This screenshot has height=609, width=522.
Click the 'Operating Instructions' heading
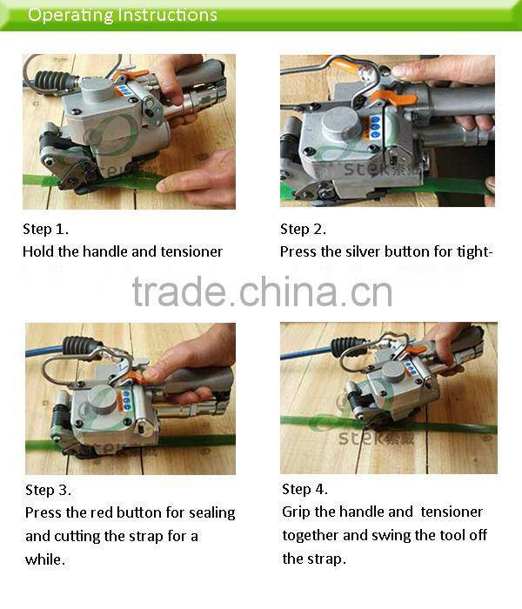122,15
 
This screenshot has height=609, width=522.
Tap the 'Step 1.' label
45,230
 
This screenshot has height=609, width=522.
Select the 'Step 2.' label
303,229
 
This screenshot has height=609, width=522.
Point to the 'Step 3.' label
48,490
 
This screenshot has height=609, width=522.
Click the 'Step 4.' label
304,489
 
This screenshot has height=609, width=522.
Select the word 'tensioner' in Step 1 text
191,251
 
